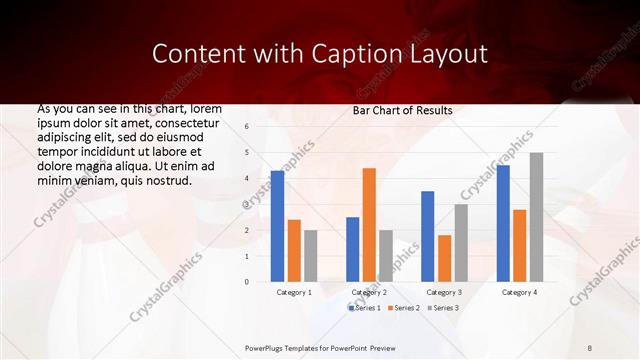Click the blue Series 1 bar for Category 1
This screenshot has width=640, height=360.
pos(277,226)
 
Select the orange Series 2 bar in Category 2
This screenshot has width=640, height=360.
pos(369,225)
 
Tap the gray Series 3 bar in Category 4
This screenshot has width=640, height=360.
pos(536,217)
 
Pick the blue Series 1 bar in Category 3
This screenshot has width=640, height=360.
pos(428,236)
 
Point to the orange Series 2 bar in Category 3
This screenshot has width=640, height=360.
pos(444,258)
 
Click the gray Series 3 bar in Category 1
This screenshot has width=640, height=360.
pos(310,256)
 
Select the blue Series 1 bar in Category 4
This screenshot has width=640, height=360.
pos(503,223)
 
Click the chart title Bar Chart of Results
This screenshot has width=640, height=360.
pos(403,110)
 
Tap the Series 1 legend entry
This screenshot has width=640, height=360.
pos(365,308)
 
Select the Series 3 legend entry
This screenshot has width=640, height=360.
pos(441,308)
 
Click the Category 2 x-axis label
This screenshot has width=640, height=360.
pos(369,292)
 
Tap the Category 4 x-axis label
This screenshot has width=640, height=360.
pos(519,292)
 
